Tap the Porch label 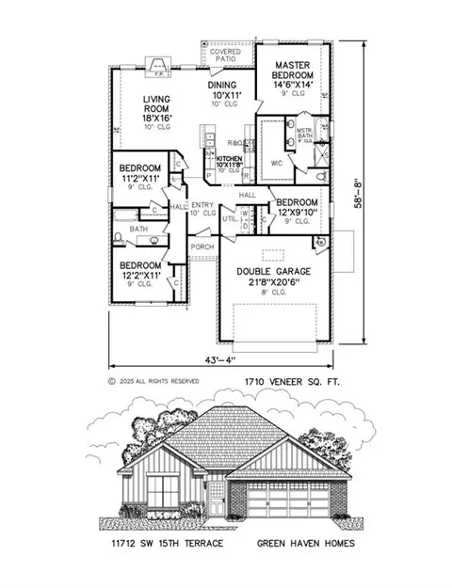point(202,246)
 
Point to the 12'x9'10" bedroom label point(297,209)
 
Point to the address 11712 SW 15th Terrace point(165,544)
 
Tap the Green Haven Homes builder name point(300,544)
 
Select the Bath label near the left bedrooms point(138,229)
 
